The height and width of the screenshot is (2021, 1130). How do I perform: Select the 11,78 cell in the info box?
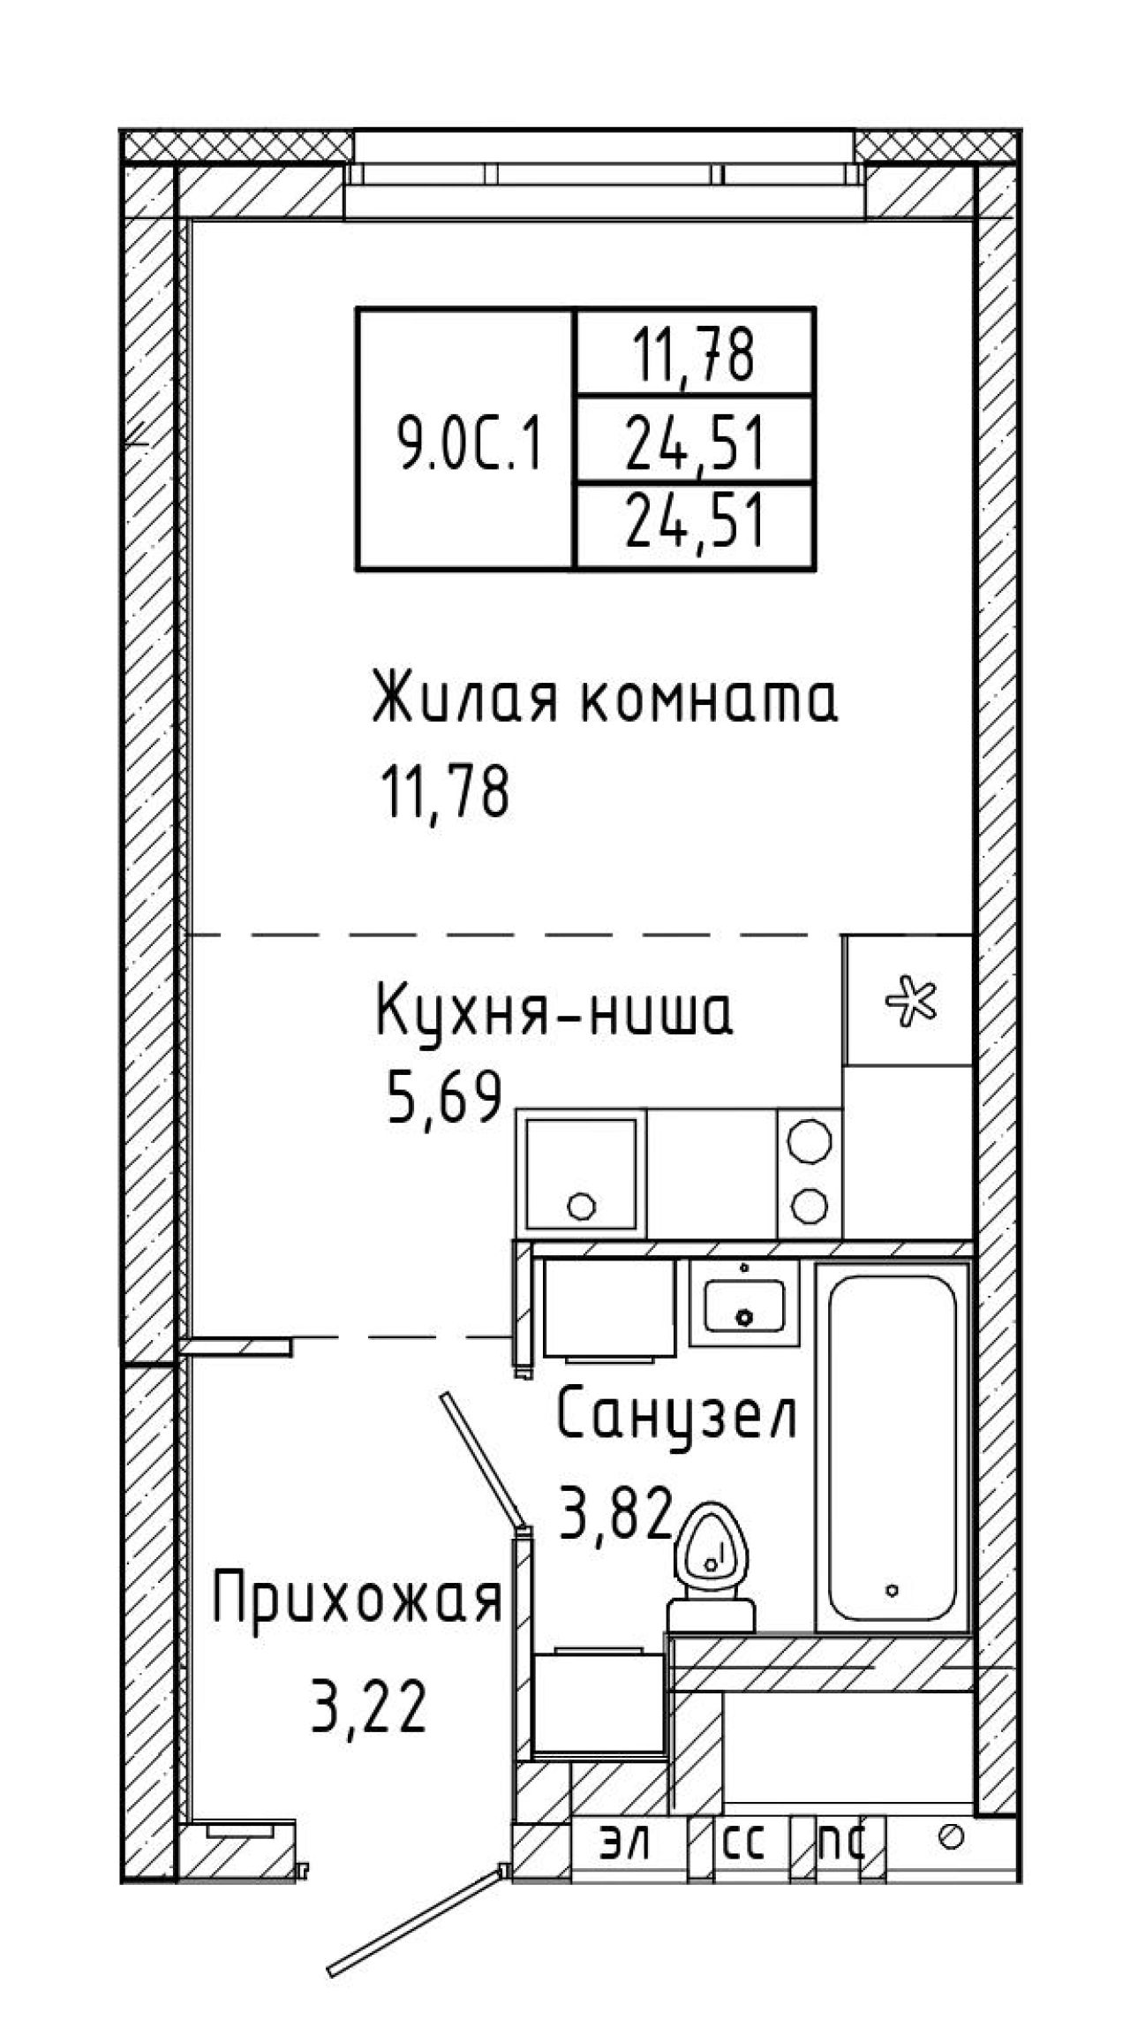[693, 353]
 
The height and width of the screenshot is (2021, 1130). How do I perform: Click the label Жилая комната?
[605, 699]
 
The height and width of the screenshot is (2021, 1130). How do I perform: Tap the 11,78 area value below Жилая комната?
[445, 791]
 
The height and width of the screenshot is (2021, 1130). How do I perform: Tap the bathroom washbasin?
[744, 1304]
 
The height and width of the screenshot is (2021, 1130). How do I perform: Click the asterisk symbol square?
[908, 999]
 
